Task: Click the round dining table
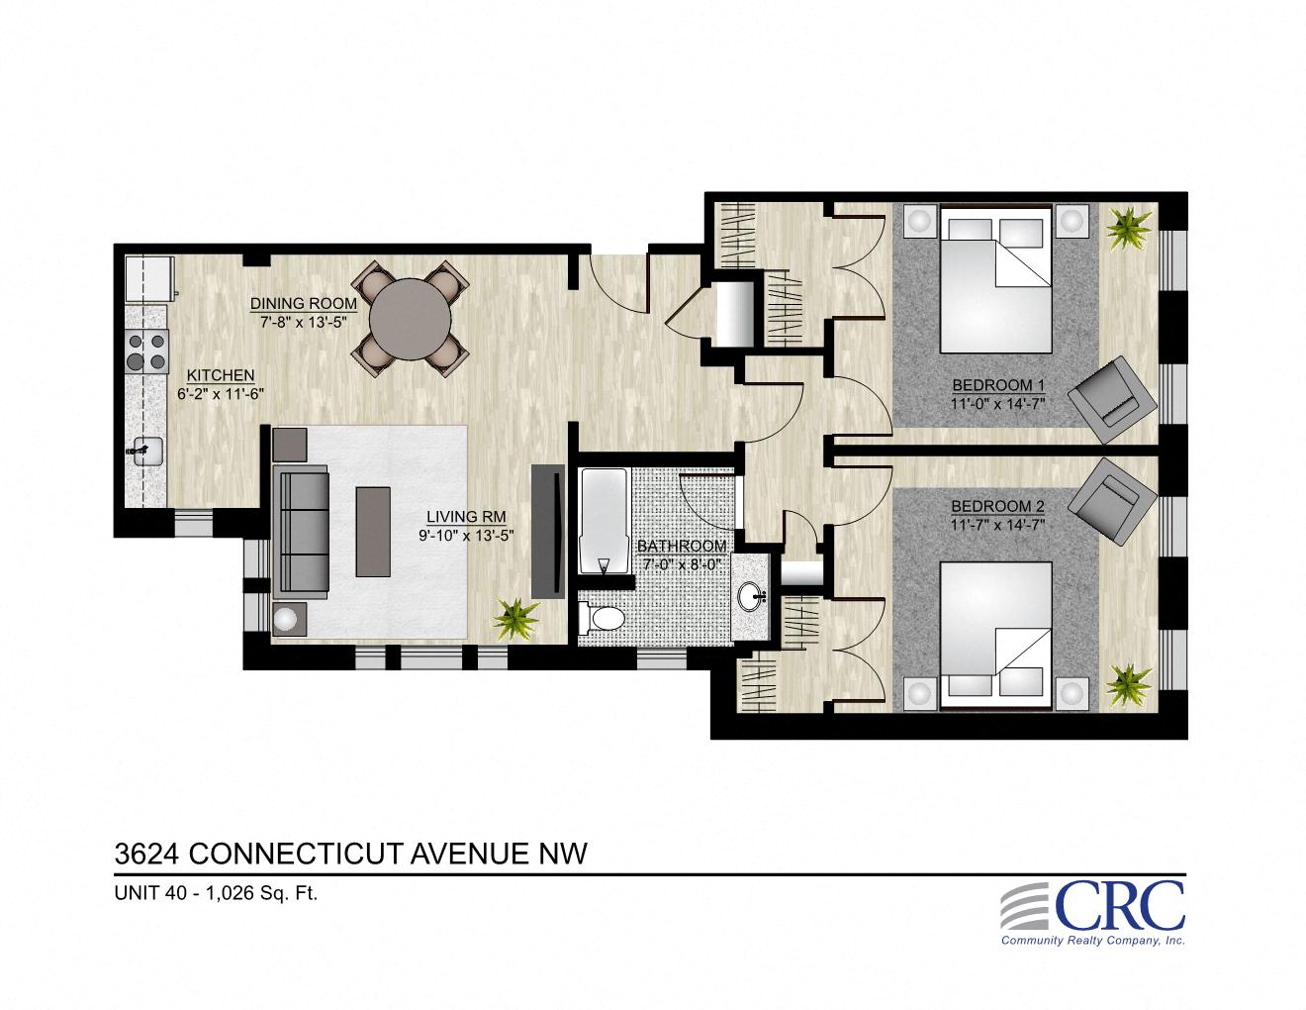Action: click(x=412, y=316)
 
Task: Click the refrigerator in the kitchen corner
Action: click(x=149, y=278)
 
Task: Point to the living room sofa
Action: click(x=305, y=531)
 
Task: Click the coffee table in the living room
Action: click(x=374, y=531)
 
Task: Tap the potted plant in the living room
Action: click(x=515, y=618)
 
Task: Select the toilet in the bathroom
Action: click(x=602, y=620)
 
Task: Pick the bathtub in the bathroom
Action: click(x=603, y=521)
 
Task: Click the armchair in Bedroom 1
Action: click(x=1117, y=398)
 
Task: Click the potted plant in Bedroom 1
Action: click(x=1127, y=229)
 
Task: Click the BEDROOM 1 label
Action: click(x=998, y=385)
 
